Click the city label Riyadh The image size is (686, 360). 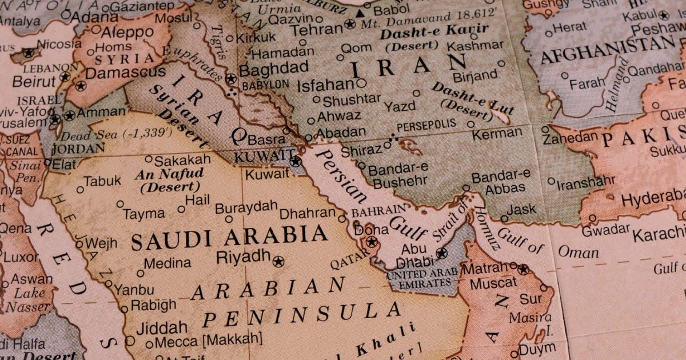pos(242,257)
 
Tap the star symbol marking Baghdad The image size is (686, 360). pos(230,79)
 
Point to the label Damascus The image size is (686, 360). pos(125,73)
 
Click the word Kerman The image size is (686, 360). pos(497,135)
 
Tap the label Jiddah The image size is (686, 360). pos(162,328)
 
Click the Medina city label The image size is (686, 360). pos(167,263)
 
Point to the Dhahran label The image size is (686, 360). pos(308,213)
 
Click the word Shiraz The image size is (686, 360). pos(362,150)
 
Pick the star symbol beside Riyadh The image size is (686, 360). pos(278,262)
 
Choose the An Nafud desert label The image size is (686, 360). pos(169,179)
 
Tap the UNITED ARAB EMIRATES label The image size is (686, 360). pos(422,279)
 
